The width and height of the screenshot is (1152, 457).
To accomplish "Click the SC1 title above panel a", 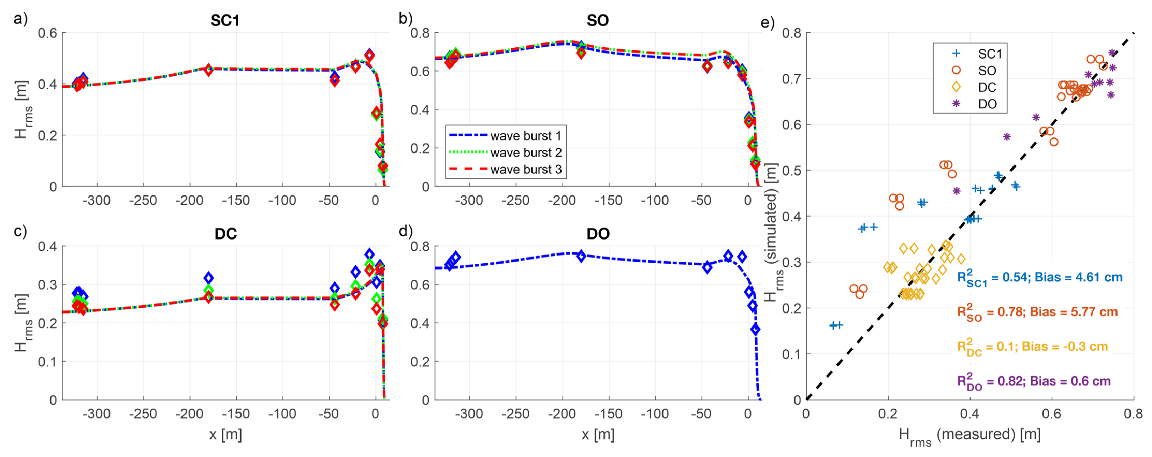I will (x=225, y=20).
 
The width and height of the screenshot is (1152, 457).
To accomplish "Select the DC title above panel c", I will (x=225, y=234).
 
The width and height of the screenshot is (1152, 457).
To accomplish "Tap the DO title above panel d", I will (x=598, y=234).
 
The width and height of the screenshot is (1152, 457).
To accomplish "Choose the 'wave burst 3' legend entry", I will (x=526, y=170).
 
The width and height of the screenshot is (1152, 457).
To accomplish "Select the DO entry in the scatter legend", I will (x=987, y=104).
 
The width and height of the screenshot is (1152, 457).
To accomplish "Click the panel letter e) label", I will (x=767, y=22).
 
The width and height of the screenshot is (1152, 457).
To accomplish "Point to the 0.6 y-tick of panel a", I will (x=47, y=33).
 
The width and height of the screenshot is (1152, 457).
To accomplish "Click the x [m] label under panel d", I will (x=598, y=435).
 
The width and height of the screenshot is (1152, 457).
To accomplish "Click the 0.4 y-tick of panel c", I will (x=47, y=246).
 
